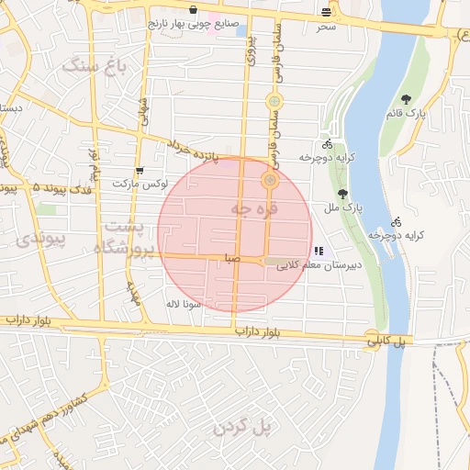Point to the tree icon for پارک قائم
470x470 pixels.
point(405,100)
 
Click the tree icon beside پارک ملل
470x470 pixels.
point(342,194)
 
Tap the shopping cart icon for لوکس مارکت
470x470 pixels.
point(139,170)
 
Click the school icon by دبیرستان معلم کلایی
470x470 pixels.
point(318,250)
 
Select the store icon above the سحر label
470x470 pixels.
point(328,12)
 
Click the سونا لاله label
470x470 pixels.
point(176,303)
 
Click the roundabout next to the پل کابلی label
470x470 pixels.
point(370,335)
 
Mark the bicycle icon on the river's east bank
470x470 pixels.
point(396,222)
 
